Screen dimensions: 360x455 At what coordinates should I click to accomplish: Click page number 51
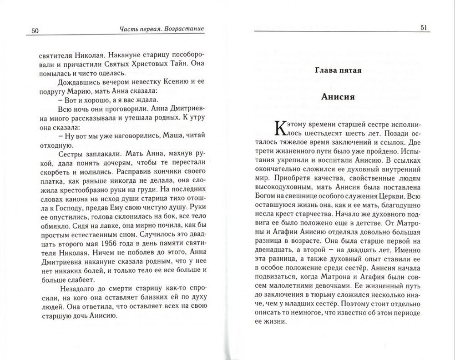(424, 28)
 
